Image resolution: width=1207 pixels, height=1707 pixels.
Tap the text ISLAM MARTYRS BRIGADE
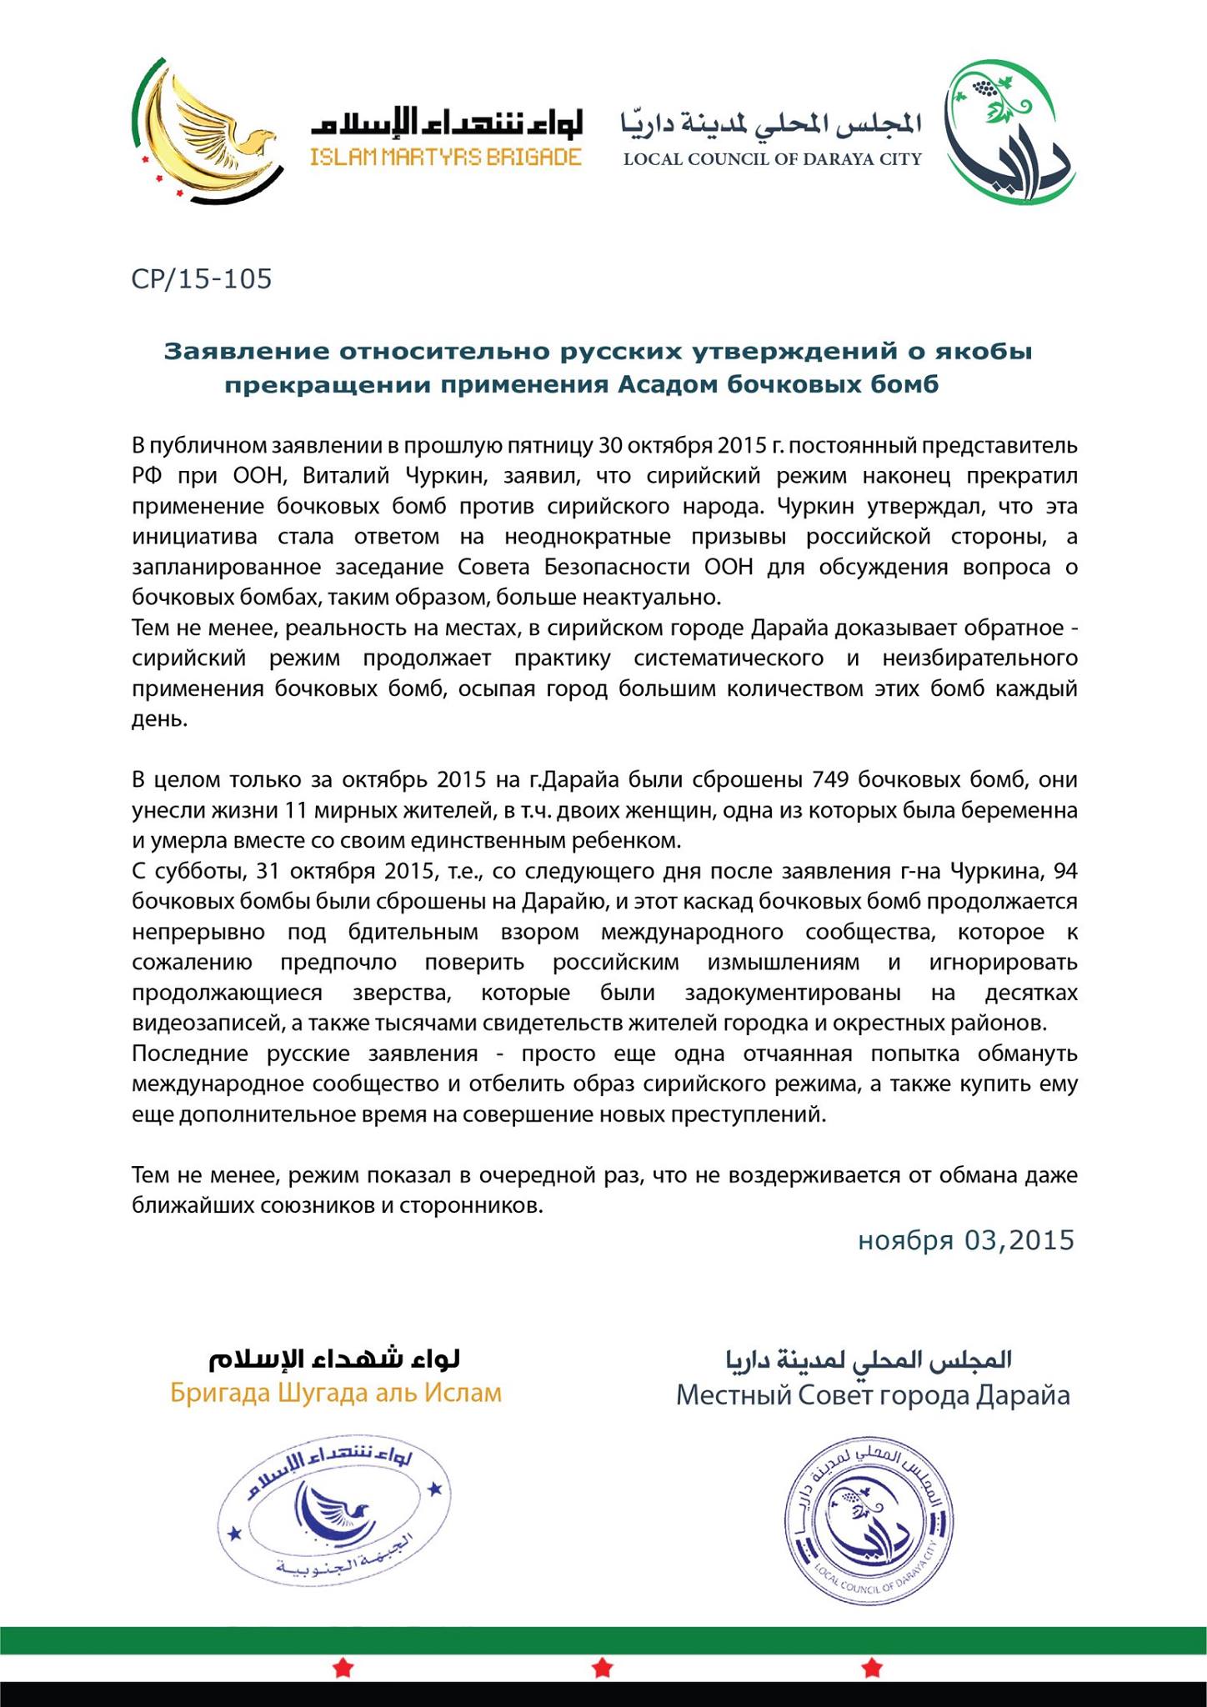(446, 157)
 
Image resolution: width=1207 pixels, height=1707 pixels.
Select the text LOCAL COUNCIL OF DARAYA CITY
(773, 158)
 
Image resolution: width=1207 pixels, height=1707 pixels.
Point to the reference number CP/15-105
(202, 278)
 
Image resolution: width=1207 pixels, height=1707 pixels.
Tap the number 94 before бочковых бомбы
(1066, 871)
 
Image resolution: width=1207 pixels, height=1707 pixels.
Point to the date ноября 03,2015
(966, 1240)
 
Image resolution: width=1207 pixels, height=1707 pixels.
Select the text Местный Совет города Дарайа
(873, 1395)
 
